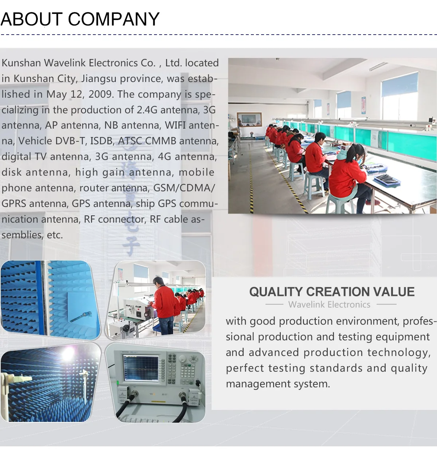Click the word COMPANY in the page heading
pyautogui.click(x=114, y=19)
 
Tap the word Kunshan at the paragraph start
pyautogui.click(x=21, y=63)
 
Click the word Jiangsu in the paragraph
pyautogui.click(x=99, y=79)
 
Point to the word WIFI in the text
pyautogui.click(x=175, y=125)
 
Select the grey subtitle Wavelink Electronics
pyautogui.click(x=329, y=305)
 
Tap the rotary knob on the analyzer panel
pyautogui.click(x=182, y=359)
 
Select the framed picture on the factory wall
pyautogui.click(x=249, y=120)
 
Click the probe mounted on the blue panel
pyautogui.click(x=81, y=316)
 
